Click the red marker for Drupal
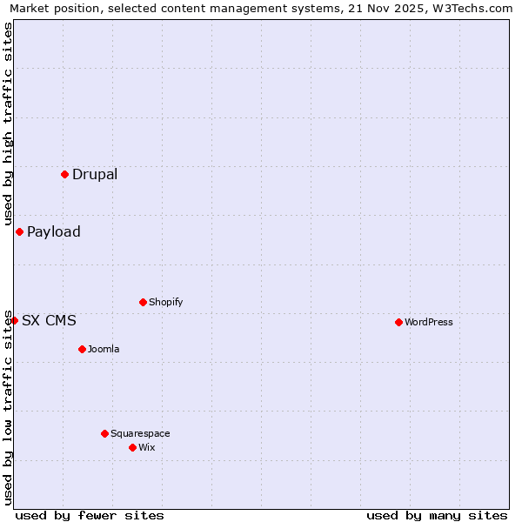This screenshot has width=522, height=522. tap(64, 174)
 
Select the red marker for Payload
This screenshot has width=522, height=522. tap(19, 231)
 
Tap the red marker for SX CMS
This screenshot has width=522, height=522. tap(14, 320)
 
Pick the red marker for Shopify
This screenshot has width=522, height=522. tap(143, 302)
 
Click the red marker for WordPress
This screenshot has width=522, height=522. tap(398, 322)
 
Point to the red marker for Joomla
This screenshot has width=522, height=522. tap(82, 349)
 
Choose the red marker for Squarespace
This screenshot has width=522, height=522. tap(104, 433)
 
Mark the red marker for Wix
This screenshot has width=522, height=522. tap(132, 447)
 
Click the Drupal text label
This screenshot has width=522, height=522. tap(95, 174)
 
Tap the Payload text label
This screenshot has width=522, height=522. tap(54, 231)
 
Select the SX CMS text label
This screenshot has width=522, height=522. tap(49, 320)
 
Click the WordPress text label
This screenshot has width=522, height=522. tap(429, 322)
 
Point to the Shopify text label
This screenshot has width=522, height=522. tap(166, 302)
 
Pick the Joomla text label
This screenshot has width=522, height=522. tap(104, 349)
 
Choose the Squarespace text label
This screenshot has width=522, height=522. tap(140, 433)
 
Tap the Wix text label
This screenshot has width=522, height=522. tap(147, 447)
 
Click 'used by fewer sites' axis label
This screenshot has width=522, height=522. tap(90, 515)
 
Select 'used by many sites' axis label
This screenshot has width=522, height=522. tap(437, 515)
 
